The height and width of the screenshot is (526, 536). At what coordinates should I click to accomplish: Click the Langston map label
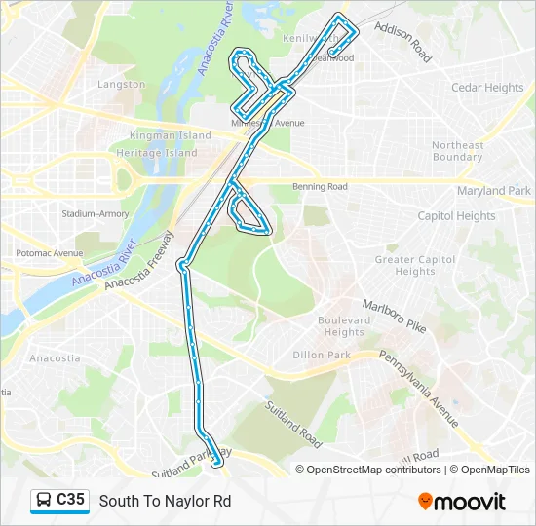121,85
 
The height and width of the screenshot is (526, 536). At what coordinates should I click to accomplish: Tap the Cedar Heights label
487,88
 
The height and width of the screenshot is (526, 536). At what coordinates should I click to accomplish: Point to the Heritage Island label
156,153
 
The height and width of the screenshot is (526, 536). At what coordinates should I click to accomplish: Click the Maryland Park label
494,191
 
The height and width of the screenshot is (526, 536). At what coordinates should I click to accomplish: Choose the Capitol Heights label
456,216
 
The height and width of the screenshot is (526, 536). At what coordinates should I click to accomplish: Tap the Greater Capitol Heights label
415,266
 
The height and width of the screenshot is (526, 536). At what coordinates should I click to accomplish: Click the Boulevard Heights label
344,326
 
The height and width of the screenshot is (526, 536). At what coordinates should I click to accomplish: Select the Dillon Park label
322,356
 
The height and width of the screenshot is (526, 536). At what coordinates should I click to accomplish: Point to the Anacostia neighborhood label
55,358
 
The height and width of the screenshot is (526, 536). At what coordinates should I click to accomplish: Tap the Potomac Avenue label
49,253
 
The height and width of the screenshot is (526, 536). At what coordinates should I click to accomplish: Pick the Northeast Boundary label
457,151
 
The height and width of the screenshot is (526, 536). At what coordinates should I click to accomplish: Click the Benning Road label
320,186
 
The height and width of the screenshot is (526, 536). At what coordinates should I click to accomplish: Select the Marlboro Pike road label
395,317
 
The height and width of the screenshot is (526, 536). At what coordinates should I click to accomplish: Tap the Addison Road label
402,44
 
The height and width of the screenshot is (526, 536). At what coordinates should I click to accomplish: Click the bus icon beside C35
44,500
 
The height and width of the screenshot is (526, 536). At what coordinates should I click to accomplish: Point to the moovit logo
461,502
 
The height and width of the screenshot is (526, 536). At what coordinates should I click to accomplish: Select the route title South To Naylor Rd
165,501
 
